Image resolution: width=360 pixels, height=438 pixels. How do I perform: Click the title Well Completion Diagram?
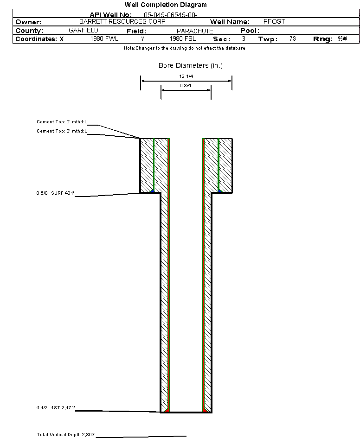166,5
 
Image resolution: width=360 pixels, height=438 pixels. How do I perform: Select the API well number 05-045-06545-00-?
171,15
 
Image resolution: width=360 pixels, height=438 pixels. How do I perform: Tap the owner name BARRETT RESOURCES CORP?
122,21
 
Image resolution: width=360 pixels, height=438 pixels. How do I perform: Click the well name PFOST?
274,21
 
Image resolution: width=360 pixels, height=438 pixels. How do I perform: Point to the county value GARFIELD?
84,30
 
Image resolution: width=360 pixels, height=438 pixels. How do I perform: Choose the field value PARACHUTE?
195,31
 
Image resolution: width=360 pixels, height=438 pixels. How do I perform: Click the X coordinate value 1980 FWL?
104,38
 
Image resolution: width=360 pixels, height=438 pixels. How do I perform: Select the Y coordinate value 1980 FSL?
183,38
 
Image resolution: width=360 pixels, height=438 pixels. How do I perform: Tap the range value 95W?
342,38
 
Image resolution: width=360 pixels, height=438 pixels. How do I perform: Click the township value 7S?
293,38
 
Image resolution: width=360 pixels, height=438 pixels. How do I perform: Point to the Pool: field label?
250,31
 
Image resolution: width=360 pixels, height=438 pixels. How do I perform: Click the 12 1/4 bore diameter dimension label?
186,76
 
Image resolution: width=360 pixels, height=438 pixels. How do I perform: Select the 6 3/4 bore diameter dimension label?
185,85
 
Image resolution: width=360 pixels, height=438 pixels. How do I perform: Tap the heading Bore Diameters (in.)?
191,65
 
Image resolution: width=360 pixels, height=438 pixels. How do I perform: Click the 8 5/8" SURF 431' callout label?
55,193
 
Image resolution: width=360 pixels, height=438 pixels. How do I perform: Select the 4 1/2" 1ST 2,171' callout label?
56,407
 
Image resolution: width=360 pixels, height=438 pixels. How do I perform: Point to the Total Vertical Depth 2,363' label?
66,434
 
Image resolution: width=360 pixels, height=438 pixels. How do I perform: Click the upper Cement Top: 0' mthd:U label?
62,122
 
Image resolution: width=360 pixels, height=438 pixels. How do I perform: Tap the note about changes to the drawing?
185,48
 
